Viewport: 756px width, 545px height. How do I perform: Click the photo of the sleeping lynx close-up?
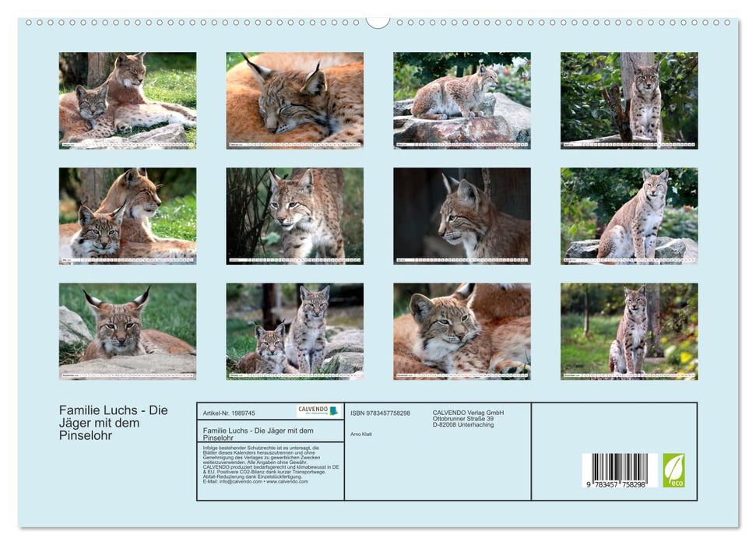(x=294, y=100)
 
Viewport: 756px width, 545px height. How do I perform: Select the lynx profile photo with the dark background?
(x=462, y=216)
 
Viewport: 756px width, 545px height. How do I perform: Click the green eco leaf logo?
(x=673, y=470)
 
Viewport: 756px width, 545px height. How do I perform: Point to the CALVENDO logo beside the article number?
(x=318, y=410)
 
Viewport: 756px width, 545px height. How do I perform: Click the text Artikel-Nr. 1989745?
(x=229, y=413)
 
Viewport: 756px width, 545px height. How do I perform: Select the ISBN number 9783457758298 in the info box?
(x=380, y=413)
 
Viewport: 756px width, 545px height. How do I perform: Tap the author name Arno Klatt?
(x=361, y=434)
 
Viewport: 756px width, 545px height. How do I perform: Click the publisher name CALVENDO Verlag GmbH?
(x=468, y=413)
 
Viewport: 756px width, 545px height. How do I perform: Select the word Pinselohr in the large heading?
(x=86, y=436)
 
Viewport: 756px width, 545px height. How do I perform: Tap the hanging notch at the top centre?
(x=378, y=22)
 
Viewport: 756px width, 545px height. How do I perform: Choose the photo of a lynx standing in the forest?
(x=628, y=331)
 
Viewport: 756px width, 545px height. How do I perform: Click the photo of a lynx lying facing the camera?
(x=127, y=331)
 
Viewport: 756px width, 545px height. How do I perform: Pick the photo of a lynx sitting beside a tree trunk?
(x=628, y=100)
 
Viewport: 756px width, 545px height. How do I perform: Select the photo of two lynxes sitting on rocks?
(x=294, y=331)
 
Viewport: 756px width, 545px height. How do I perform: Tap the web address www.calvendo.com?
(x=287, y=481)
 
